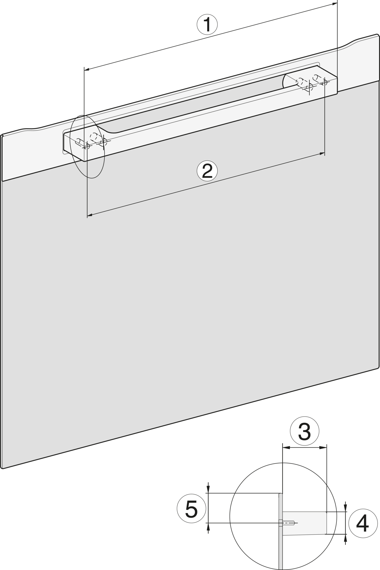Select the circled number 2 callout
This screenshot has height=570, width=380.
click(x=207, y=171)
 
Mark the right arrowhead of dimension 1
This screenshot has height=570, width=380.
click(x=334, y=4)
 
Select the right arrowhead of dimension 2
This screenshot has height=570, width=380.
click(x=322, y=154)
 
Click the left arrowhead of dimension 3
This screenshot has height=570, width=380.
click(x=286, y=447)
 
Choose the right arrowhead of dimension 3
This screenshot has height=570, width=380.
click(x=323, y=447)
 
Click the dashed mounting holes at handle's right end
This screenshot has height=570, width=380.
click(x=312, y=82)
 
